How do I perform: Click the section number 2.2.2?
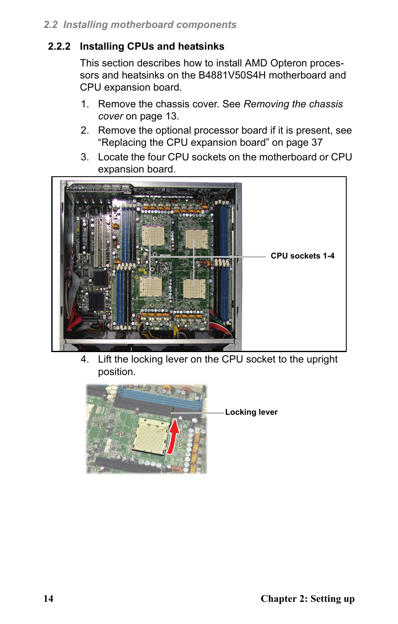59,46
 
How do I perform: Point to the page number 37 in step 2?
317,142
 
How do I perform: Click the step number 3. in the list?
85,157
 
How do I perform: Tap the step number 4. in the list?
85,359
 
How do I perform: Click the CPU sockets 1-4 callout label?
302,256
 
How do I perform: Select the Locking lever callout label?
251,412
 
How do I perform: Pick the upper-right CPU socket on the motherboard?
196,238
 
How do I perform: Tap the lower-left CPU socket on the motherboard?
151,287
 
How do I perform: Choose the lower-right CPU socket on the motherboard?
194,289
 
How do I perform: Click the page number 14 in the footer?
48,599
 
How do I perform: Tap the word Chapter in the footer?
278,599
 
